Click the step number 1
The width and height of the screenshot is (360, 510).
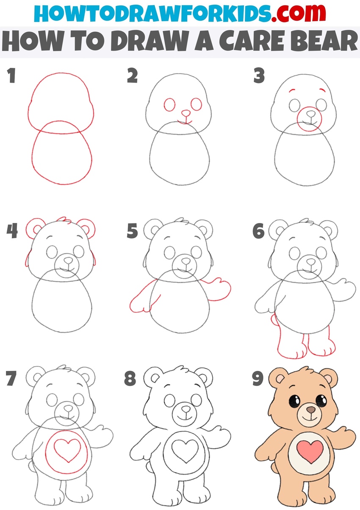click(x=11, y=77)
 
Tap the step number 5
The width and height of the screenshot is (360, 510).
click(x=133, y=232)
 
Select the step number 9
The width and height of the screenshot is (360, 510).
click(x=258, y=379)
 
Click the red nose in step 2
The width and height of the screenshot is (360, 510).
click(x=185, y=113)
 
